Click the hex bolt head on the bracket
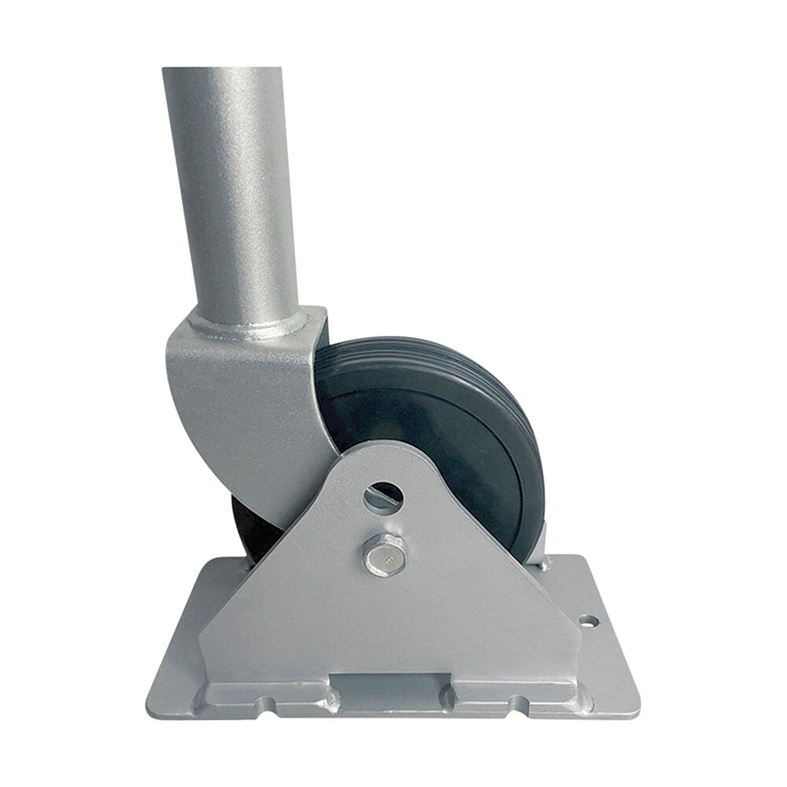[x=382, y=555]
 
